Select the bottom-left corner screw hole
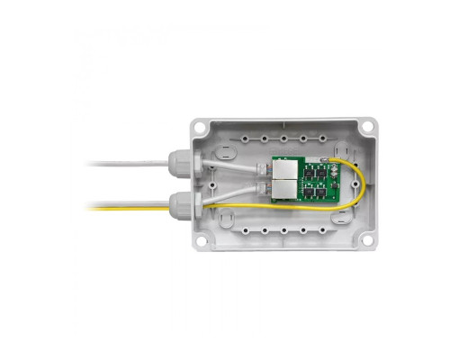[200, 241]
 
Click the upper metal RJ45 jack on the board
[284, 169]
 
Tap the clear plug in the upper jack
[267, 169]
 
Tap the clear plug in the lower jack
[267, 188]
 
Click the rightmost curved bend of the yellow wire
[360, 184]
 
